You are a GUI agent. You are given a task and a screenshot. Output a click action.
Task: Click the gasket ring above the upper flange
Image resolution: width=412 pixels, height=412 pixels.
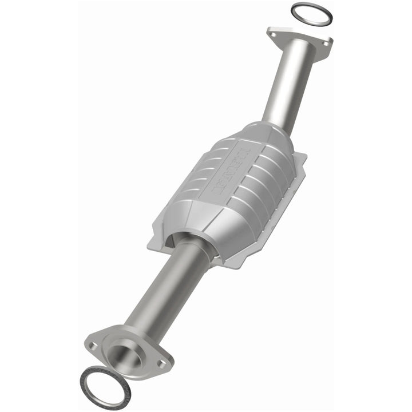coord(311,6)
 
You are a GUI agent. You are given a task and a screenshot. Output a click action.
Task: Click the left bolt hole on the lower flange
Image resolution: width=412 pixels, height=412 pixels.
coord(93,345)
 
